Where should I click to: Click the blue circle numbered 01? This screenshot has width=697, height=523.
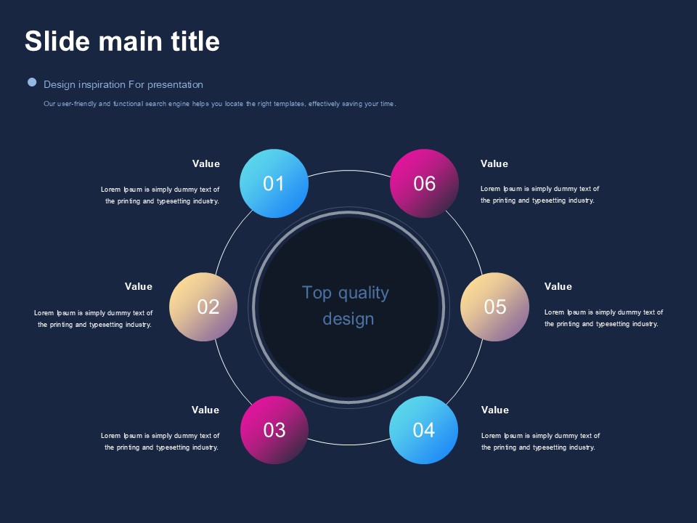point(274,183)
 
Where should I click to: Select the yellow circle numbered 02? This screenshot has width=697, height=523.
point(203,307)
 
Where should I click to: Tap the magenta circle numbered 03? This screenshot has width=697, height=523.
point(274,430)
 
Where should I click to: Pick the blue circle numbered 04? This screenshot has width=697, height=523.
point(423,430)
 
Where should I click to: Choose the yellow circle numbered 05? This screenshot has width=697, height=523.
point(494,307)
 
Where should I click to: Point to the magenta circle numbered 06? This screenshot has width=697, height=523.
point(424,183)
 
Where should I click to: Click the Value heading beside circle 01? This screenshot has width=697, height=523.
point(205,163)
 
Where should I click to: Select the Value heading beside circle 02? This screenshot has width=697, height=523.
point(138,286)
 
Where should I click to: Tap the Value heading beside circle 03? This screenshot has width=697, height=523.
point(205,410)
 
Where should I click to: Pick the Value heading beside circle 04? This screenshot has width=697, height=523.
point(494,410)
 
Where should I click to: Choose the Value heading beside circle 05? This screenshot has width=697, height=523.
point(558,286)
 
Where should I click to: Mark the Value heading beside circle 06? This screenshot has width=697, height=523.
point(494,163)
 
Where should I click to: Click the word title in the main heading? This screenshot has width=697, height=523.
point(195,41)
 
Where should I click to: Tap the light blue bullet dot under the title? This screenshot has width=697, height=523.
point(32,82)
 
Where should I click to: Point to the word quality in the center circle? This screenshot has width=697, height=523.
point(364,293)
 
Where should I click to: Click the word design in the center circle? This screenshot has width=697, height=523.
point(348,320)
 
